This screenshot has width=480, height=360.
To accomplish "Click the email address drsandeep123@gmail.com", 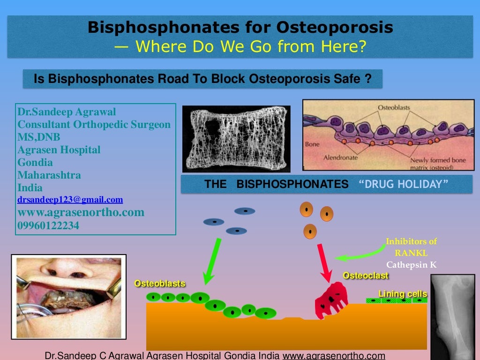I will coord(70,200).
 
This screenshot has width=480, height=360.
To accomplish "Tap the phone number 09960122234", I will coord(48,225).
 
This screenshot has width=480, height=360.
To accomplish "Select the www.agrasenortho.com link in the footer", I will coord(333,355).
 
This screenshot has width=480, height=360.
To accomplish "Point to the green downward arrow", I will coord(211,261).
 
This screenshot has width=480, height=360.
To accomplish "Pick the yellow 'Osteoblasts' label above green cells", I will coord(159,283).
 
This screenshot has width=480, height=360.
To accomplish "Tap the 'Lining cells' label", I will coord(403,294).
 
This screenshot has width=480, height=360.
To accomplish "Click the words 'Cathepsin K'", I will coord(411,265).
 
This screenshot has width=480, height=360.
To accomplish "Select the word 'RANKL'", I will coord(411,253).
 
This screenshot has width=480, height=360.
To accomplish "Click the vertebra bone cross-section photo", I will coord(236,138).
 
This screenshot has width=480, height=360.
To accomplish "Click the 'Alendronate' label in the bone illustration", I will coord(340,157).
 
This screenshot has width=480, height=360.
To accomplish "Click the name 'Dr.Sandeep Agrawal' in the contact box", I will coord(67,112).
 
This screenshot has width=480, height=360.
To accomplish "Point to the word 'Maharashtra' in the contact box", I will coord(49,175).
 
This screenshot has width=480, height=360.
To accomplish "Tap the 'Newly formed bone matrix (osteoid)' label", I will coord(439,163).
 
